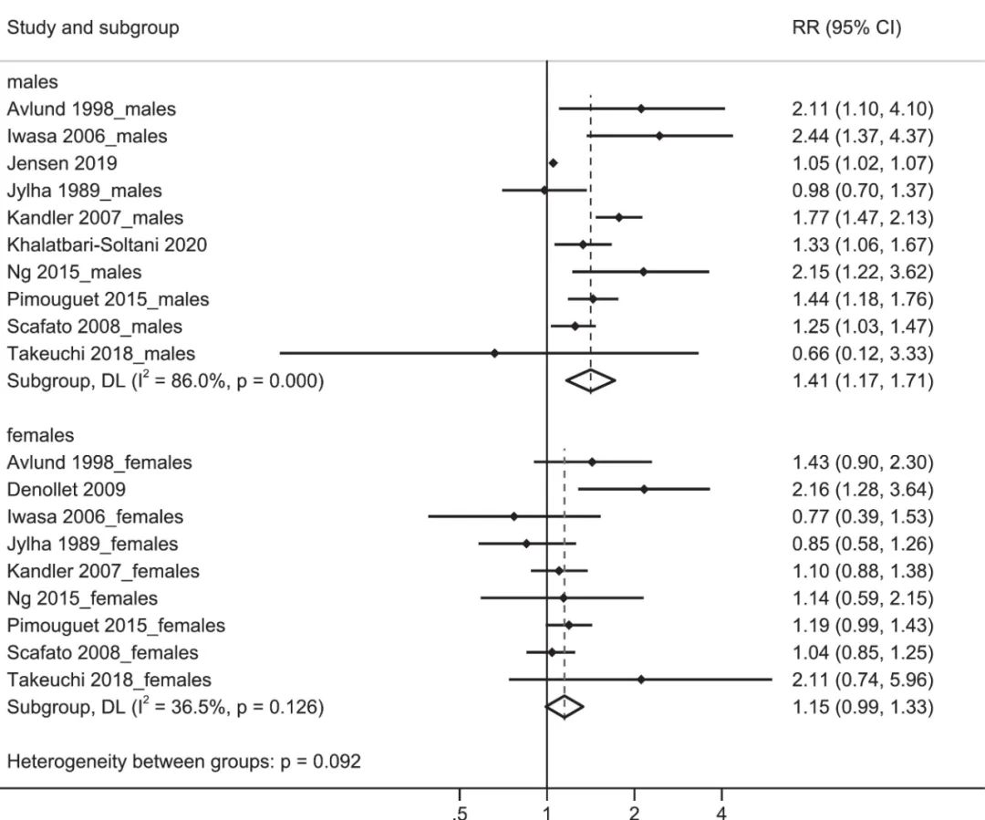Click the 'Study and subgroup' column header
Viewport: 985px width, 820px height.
[93, 27]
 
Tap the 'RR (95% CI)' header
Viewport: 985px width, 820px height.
[846, 27]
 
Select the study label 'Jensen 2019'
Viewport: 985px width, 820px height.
[62, 163]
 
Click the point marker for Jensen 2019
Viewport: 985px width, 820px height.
[553, 163]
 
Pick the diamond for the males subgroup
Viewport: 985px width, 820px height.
[590, 381]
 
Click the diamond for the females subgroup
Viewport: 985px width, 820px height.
[564, 707]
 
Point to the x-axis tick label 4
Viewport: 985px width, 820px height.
[721, 812]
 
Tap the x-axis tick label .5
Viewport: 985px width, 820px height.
[461, 812]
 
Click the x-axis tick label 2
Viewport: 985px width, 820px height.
[634, 812]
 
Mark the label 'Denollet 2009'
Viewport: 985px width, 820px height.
[67, 490]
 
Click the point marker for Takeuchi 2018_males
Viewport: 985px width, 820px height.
[494, 354]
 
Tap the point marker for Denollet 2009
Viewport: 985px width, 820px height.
[644, 490]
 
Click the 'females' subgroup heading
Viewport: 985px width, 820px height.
[41, 435]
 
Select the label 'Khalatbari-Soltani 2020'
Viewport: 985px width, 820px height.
[107, 244]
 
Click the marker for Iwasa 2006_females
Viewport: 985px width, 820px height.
[513, 516]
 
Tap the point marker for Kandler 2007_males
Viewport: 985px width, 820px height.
[618, 217]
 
